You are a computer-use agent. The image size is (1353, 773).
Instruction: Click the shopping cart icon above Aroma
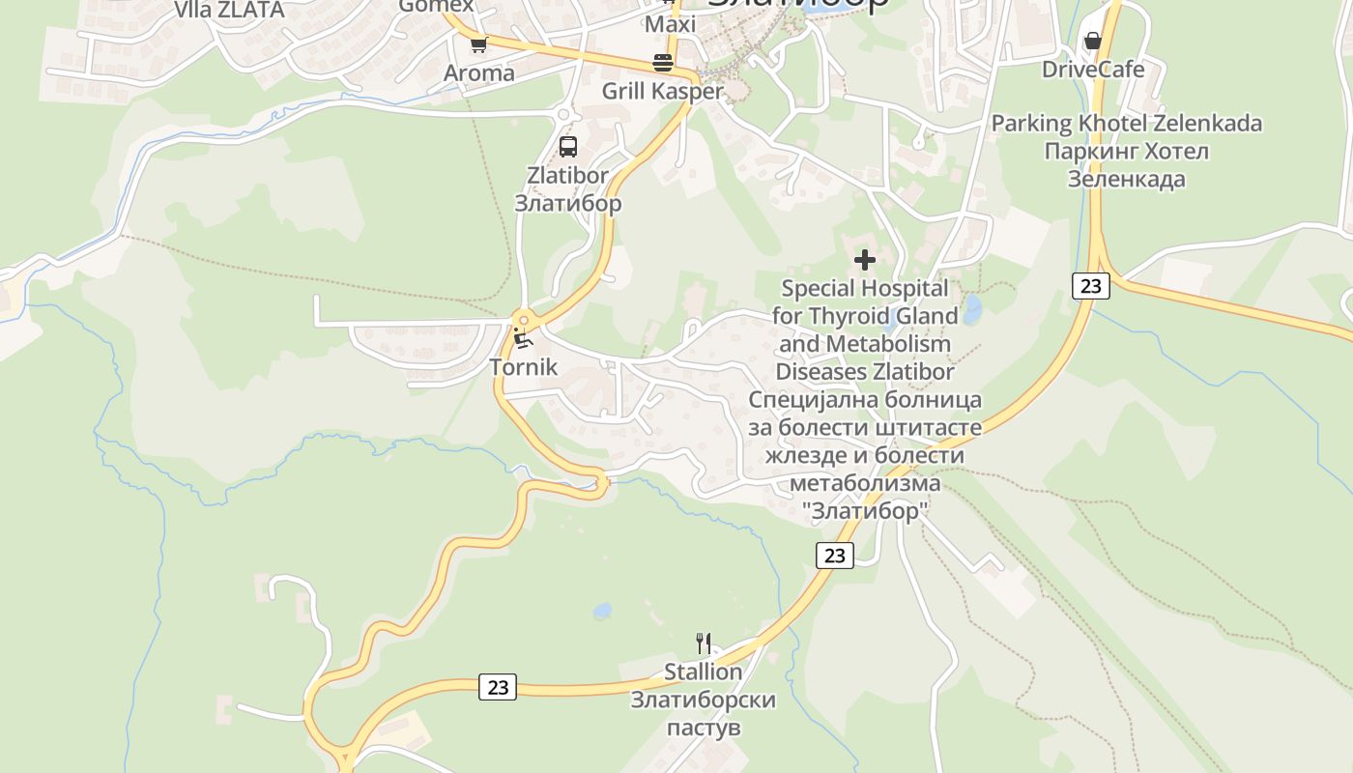tap(478, 43)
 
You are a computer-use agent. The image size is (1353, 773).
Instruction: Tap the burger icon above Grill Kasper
tap(663, 63)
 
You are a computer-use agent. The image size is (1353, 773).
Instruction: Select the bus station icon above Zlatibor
tap(568, 147)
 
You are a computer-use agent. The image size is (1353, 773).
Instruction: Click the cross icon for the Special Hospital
tap(865, 259)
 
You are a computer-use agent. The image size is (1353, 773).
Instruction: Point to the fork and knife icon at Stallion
tap(704, 643)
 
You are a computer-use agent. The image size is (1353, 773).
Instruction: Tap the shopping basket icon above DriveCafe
tap(1092, 41)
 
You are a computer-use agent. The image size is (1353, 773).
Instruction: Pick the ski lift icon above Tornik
tap(523, 338)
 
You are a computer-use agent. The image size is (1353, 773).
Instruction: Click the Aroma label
tap(478, 73)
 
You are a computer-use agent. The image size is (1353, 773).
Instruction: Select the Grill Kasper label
tap(662, 92)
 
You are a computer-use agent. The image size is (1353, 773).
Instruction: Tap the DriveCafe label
tap(1093, 70)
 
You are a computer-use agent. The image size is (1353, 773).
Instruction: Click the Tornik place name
tap(523, 367)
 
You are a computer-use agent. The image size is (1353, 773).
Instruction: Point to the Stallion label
tap(703, 672)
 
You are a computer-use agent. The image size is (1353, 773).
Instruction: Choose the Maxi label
tap(670, 24)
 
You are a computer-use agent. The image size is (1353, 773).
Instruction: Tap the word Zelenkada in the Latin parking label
tap(1207, 124)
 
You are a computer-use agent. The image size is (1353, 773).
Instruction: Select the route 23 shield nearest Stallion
tap(498, 687)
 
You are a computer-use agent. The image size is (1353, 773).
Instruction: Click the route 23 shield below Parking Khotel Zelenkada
tap(1091, 286)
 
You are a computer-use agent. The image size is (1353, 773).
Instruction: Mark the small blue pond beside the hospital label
tap(971, 310)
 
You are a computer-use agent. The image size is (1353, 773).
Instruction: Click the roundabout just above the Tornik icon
tap(523, 320)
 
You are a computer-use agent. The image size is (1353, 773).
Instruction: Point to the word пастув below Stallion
tap(703, 727)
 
